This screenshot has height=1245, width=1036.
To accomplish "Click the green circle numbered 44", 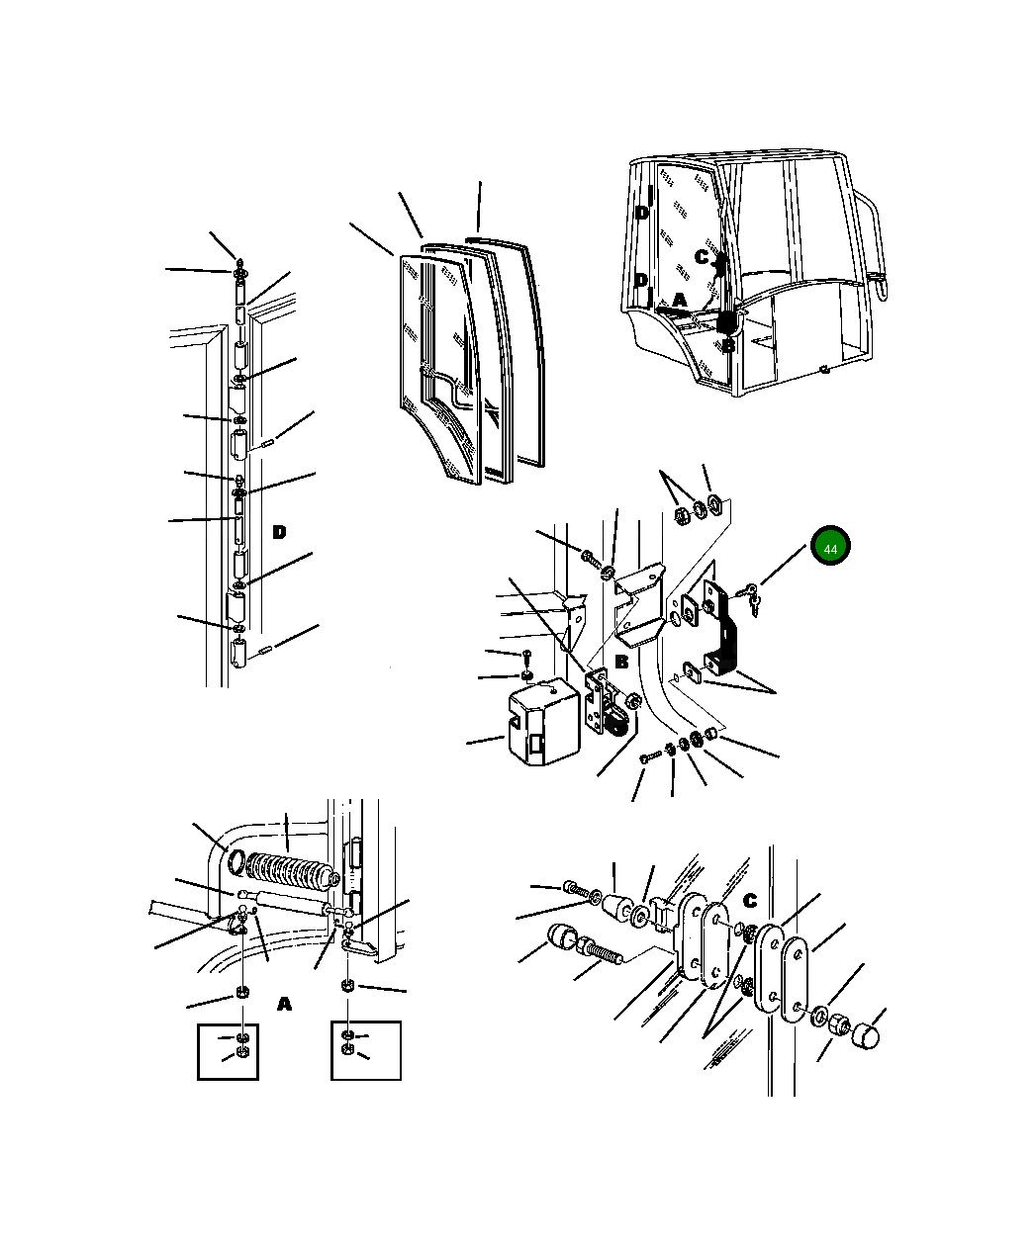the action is click(x=830, y=545).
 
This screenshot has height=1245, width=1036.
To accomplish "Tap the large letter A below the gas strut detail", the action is click(x=285, y=1005).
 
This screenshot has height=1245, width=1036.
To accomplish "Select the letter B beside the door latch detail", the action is click(x=621, y=662).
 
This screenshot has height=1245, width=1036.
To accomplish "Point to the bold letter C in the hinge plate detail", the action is click(x=750, y=900).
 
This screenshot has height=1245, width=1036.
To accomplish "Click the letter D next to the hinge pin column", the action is click(x=279, y=532).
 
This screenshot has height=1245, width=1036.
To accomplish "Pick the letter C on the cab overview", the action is click(x=703, y=257).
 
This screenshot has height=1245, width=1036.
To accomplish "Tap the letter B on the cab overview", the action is click(x=728, y=345).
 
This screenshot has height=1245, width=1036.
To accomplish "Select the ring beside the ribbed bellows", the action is click(x=235, y=862).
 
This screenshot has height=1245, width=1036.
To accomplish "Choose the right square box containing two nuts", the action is click(x=366, y=1050).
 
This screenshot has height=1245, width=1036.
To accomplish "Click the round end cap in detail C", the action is click(x=866, y=1036).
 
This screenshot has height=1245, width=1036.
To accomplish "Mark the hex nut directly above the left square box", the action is click(x=242, y=993).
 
